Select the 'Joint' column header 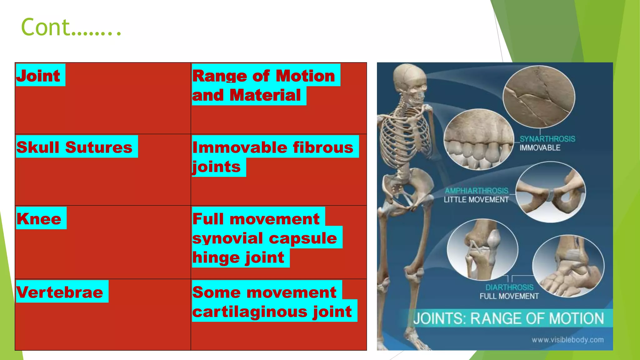pos(38,76)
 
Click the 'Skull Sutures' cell pos(74,147)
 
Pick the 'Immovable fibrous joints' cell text pos(272,157)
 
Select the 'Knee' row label pos(39,218)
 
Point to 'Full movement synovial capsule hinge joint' pos(264,238)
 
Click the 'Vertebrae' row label pos(60,292)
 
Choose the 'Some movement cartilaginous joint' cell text pos(272,302)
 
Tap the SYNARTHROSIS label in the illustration pos(547,139)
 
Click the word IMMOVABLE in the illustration pos(540,148)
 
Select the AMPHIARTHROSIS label pos(477,191)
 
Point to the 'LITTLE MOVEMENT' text pos(476,200)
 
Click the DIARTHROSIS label pos(509,287)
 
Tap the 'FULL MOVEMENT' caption pos(509,296)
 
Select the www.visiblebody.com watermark pos(567,340)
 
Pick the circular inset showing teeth pos(478,139)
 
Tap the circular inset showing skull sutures pos(539,97)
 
